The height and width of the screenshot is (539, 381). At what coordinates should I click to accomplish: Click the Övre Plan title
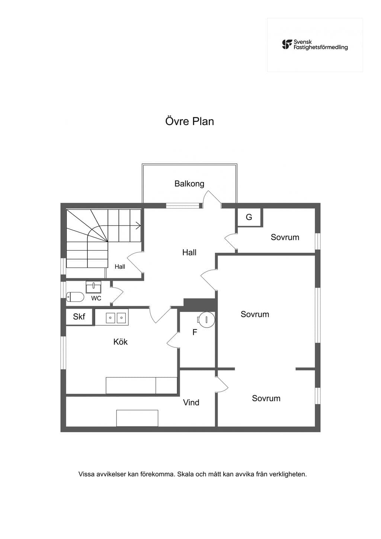coord(189,121)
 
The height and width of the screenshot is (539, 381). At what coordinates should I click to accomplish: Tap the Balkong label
coord(189,184)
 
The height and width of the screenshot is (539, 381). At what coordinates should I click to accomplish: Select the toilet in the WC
coord(75,297)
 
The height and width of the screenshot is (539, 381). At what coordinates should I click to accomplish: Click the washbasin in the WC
coord(93,287)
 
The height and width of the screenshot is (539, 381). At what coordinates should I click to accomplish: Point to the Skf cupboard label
coord(79,317)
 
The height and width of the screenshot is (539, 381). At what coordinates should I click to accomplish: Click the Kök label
coord(120,342)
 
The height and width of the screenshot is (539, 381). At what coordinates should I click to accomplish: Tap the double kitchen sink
coord(116,318)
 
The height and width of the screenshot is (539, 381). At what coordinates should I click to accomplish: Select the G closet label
coord(249,217)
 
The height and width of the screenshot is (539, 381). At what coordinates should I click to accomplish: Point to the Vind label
coord(191,402)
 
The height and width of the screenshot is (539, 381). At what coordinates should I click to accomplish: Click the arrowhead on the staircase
coord(139,226)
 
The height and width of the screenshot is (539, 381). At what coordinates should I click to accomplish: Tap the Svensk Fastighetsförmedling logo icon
coord(287,45)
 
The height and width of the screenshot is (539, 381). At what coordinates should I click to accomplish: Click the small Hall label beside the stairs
coord(120,267)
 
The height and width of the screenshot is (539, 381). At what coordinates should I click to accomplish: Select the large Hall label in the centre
coord(189,252)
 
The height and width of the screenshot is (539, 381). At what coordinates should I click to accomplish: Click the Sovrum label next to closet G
coord(285,237)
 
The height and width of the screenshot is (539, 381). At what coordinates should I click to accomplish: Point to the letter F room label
coord(195,332)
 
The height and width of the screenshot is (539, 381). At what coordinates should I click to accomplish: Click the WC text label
coord(96,299)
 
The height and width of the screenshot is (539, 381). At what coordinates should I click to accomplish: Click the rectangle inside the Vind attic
coord(137,418)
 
